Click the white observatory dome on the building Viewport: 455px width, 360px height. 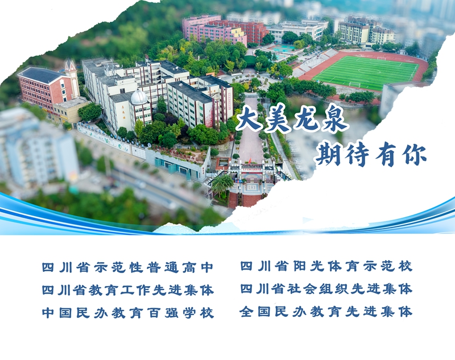[x=139, y=97]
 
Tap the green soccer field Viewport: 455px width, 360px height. [x=367, y=72]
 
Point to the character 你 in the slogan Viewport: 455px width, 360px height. [x=414, y=155]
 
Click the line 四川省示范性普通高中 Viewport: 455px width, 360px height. [x=127, y=267]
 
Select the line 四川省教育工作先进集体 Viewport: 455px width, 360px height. [x=127, y=290]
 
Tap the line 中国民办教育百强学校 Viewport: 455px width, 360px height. [x=127, y=313]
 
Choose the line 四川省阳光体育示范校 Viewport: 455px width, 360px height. [x=326, y=266]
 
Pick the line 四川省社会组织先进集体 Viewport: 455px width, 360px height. [x=326, y=289]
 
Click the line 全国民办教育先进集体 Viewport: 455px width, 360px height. [x=326, y=312]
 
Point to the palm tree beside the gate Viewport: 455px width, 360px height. [x=222, y=184]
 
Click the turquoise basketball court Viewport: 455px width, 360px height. [x=282, y=48]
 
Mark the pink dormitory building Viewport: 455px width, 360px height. [x=214, y=30]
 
